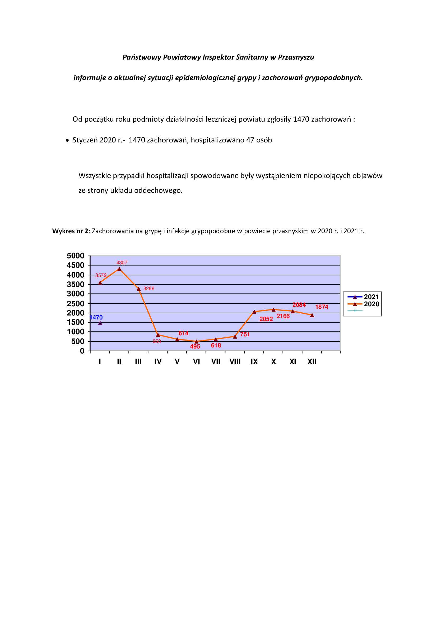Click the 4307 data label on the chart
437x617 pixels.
click(122, 262)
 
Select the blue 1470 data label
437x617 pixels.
click(96, 317)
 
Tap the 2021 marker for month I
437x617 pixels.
click(100, 323)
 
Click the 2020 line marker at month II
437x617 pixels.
click(119, 269)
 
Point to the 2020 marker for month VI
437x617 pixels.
click(196, 341)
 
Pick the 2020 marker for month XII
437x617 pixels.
click(312, 315)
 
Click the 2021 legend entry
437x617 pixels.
click(363, 297)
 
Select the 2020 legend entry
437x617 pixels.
click(363, 304)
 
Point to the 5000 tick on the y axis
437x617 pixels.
click(75, 256)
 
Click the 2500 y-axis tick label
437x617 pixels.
click(75, 304)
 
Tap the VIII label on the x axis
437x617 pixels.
click(235, 362)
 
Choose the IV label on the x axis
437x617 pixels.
click(158, 362)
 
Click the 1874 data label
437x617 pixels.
click(322, 307)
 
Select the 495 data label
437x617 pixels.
click(195, 346)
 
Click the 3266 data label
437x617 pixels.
click(149, 289)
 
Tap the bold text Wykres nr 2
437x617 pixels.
click(70, 231)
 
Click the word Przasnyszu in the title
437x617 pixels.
click(296, 57)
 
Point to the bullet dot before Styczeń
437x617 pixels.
click(67, 140)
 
